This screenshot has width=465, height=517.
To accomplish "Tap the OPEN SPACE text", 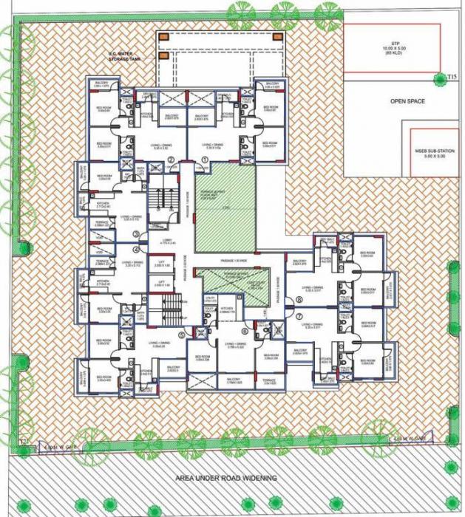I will [x=407, y=101].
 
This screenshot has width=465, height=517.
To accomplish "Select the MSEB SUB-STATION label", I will [x=435, y=154].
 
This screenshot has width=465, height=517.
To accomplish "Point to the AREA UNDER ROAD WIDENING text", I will [x=226, y=478].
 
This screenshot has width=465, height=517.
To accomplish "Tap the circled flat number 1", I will [x=204, y=160].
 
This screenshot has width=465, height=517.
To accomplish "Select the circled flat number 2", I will [x=171, y=160].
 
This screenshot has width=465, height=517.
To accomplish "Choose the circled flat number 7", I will [x=299, y=317].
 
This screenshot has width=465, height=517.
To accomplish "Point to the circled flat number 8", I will [x=299, y=300].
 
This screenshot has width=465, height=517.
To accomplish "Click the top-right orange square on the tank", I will [x=277, y=37].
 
